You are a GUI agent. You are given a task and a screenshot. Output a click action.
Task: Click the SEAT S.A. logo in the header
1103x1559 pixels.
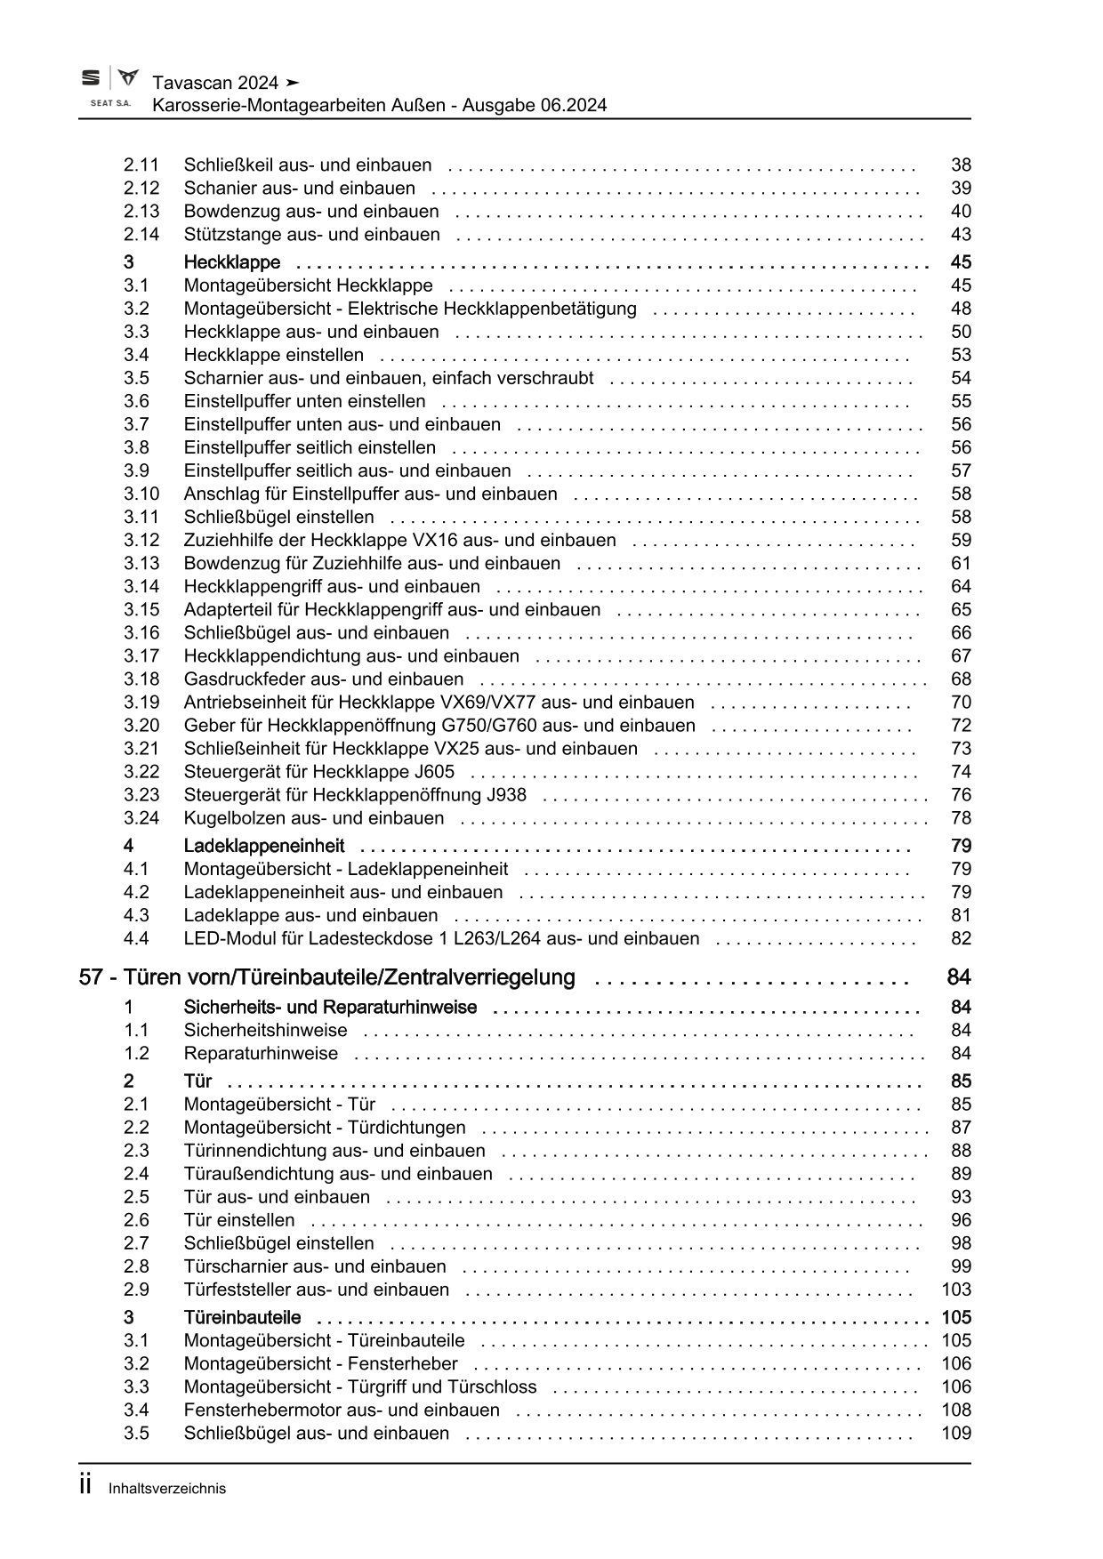pyautogui.click(x=109, y=89)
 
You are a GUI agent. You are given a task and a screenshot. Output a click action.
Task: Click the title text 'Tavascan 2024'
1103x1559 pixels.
pyautogui.click(x=215, y=83)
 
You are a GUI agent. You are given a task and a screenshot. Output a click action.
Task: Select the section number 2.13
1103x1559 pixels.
pyautogui.click(x=141, y=212)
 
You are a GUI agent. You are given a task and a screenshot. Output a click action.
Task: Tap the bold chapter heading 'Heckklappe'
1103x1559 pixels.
pyautogui.click(x=231, y=262)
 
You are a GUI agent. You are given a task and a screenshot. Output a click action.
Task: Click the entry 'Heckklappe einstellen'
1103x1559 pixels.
pyautogui.click(x=273, y=355)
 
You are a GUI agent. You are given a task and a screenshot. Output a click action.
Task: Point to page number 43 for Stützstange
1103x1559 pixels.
pyautogui.click(x=961, y=235)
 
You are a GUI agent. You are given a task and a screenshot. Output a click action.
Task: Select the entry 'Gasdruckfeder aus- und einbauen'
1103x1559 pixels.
pyautogui.click(x=324, y=679)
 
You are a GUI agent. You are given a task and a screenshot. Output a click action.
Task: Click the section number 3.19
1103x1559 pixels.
pyautogui.click(x=141, y=703)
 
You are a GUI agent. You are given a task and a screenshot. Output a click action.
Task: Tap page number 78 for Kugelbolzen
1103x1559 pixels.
pyautogui.click(x=961, y=818)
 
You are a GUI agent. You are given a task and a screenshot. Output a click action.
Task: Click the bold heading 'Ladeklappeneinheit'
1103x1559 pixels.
pyautogui.click(x=263, y=846)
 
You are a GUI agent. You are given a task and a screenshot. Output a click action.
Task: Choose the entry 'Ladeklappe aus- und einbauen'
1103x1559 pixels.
pyautogui.click(x=310, y=915)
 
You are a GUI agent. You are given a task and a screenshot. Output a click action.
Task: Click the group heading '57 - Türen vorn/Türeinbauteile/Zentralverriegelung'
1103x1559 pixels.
pyautogui.click(x=327, y=977)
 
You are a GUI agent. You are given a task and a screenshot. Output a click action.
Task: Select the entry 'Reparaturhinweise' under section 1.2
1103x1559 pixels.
pyautogui.click(x=261, y=1054)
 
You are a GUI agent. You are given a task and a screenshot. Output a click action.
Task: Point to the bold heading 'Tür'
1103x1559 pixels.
pyautogui.click(x=197, y=1081)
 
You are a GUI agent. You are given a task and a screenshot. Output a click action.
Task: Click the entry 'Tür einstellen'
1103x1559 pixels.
pyautogui.click(x=238, y=1220)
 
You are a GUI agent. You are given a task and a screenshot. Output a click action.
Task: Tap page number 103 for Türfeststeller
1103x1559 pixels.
pyautogui.click(x=955, y=1290)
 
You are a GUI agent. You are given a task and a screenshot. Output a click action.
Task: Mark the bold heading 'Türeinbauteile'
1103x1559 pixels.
pyautogui.click(x=242, y=1317)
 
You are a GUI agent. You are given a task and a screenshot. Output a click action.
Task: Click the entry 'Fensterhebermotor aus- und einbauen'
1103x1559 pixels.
pyautogui.click(x=342, y=1410)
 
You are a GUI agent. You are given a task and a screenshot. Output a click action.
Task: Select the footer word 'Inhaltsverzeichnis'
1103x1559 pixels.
pyautogui.click(x=167, y=1489)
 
